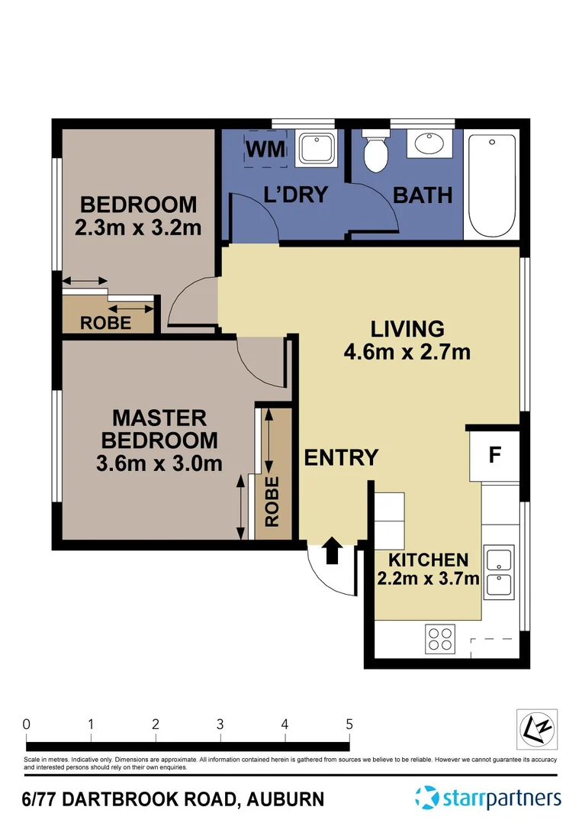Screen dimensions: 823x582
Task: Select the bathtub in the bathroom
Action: point(492,187)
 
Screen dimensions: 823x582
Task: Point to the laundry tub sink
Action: point(315,147)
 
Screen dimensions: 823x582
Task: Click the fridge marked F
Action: point(494,456)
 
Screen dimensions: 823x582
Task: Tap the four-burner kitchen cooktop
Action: point(441,637)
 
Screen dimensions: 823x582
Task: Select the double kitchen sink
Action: point(500,571)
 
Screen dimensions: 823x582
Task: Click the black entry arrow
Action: point(333,550)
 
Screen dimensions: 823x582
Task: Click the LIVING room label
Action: point(407,329)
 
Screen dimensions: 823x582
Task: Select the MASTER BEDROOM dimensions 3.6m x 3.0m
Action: point(159,463)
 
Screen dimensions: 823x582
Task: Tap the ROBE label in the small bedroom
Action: point(106,323)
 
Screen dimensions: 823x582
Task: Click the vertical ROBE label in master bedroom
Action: point(272,501)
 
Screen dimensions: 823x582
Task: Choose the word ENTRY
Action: point(341,457)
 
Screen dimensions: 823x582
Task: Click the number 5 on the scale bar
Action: point(349,724)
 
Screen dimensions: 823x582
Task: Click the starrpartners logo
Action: point(488,799)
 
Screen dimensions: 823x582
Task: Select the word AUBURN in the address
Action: point(285,799)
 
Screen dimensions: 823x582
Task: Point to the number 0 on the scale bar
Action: point(27,724)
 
